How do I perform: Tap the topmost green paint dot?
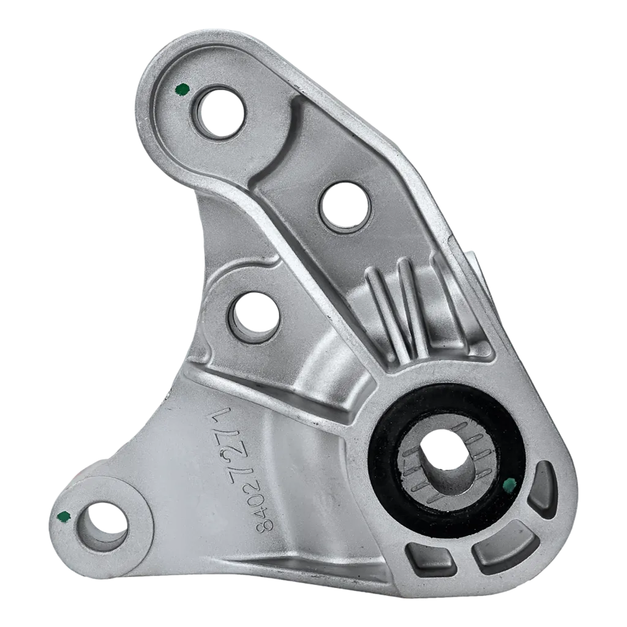[x=182, y=89]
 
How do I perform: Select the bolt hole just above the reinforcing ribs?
[x=345, y=207]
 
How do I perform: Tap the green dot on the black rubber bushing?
[x=509, y=485]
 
